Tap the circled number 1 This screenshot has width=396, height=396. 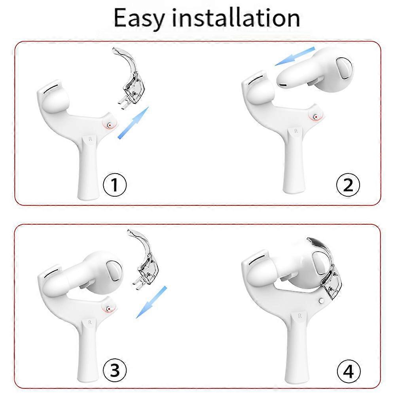(x=115, y=185)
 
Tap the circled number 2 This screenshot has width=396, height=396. (x=348, y=185)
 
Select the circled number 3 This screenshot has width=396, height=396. (x=115, y=371)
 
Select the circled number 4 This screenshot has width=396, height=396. (x=348, y=371)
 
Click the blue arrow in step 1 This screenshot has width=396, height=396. (x=133, y=123)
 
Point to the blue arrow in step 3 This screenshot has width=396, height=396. (x=150, y=303)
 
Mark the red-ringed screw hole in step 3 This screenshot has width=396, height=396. (x=108, y=307)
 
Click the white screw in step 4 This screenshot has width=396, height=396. (x=321, y=301)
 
